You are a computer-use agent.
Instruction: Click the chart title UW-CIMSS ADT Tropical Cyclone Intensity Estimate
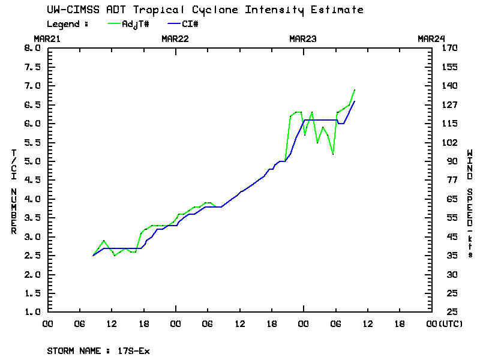pyautogui.click(x=205, y=10)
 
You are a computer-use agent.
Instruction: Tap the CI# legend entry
pyautogui.click(x=189, y=24)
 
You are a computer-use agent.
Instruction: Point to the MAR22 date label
pyautogui.click(x=175, y=38)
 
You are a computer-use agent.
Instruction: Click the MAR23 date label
pyautogui.click(x=303, y=38)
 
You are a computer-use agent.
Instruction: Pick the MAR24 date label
pyautogui.click(x=431, y=38)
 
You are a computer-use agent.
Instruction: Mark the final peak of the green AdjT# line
pyautogui.click(x=355, y=90)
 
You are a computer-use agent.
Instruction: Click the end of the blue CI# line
pyautogui.click(x=355, y=101)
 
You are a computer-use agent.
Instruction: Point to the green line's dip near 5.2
pyautogui.click(x=332, y=154)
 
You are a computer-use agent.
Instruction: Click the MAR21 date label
pyautogui.click(x=47, y=38)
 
